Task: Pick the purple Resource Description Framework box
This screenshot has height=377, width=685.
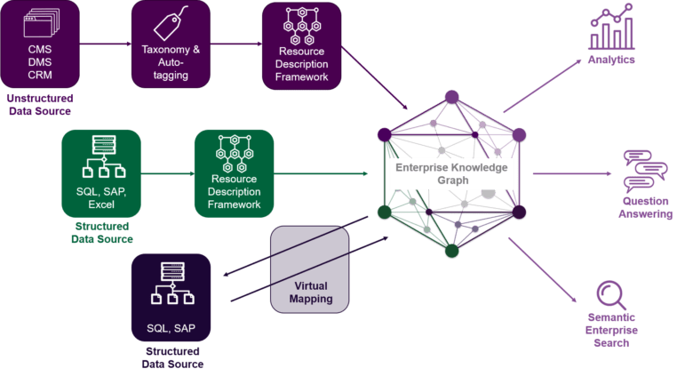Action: coord(302,44)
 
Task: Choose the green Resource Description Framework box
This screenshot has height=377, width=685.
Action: coord(235,172)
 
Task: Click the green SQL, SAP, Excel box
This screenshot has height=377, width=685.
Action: coord(101,172)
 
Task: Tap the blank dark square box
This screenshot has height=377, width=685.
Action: coord(308,269)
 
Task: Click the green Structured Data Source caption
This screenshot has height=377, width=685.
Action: coord(101,232)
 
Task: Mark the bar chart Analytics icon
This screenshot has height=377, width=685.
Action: coord(612,28)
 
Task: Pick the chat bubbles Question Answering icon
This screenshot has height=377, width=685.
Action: coord(645,172)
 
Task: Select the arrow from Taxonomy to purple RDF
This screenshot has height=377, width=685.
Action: coord(235,42)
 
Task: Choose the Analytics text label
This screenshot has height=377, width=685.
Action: coord(611,60)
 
